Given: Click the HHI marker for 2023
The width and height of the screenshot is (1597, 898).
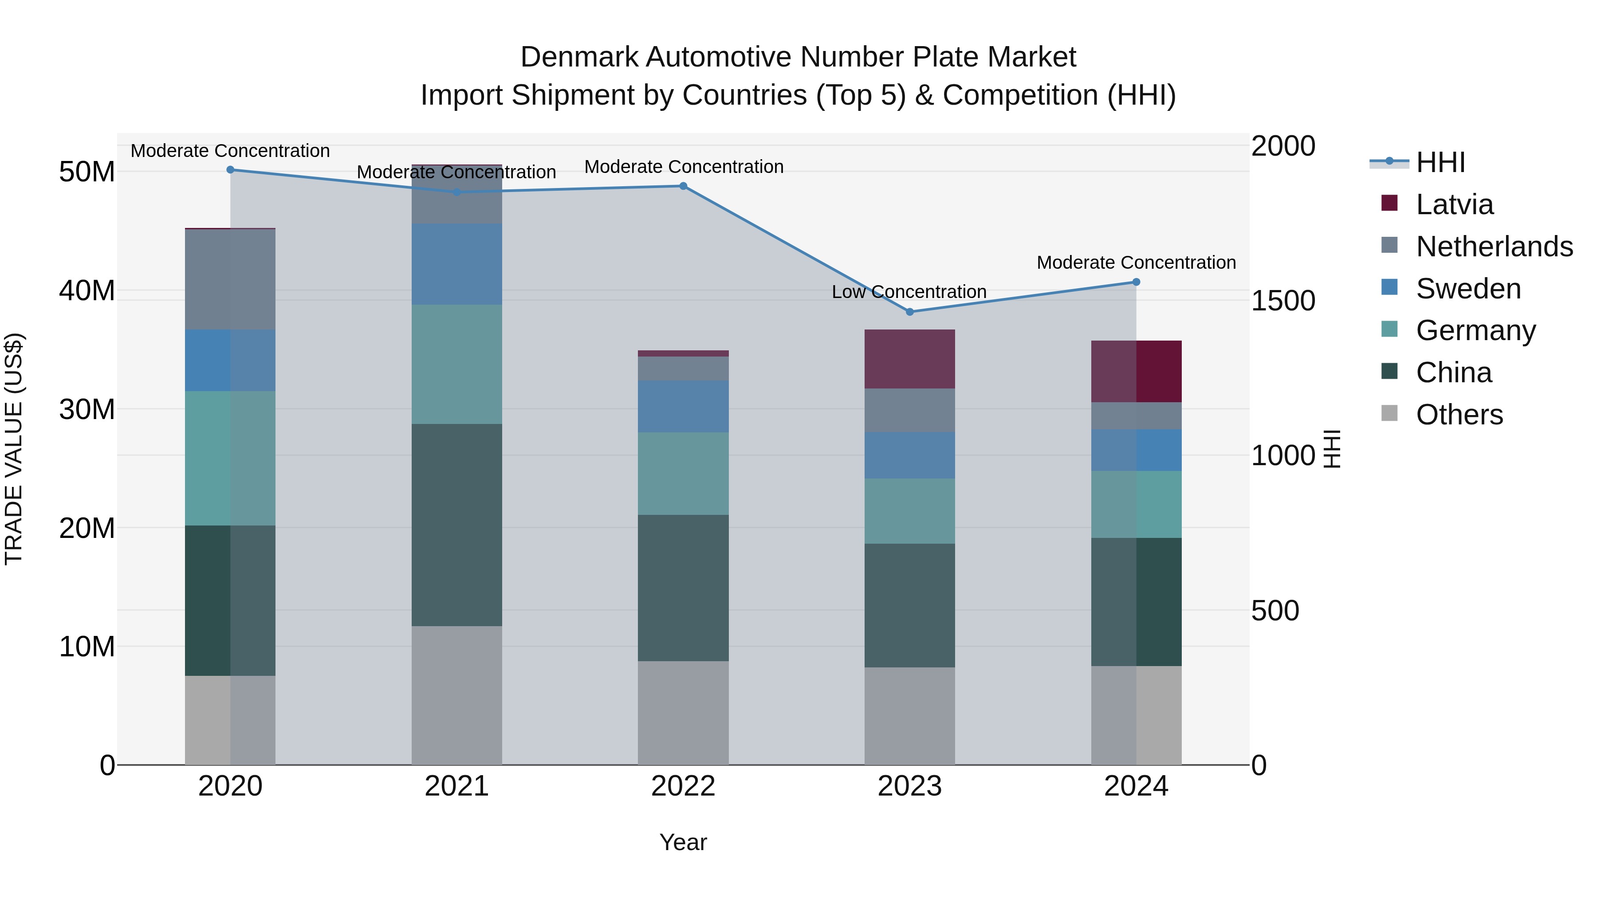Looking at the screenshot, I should [909, 312].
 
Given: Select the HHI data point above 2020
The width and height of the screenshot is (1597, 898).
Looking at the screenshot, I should [230, 169].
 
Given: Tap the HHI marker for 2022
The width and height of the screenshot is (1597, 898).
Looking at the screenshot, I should [683, 186].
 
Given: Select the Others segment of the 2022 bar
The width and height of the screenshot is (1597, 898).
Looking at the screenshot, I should [683, 713].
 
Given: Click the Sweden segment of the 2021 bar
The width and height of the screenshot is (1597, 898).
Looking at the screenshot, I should [456, 264].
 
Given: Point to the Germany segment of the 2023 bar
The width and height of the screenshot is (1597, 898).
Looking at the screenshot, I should [909, 511].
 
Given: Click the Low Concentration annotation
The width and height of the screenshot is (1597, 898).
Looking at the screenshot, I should [909, 291].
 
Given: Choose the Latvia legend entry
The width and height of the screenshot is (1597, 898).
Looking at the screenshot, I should [1455, 204].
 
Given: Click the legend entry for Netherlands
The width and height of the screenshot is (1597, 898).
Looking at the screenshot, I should [1494, 247].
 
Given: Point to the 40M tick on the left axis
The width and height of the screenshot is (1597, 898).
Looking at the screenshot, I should [87, 290].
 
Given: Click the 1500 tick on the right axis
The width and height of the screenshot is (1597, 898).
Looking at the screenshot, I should [1282, 301].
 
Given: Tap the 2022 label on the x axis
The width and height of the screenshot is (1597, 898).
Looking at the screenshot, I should [683, 786].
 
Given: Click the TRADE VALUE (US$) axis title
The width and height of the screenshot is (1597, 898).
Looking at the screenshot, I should [14, 449].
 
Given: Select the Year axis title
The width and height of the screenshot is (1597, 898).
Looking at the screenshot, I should [683, 842].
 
